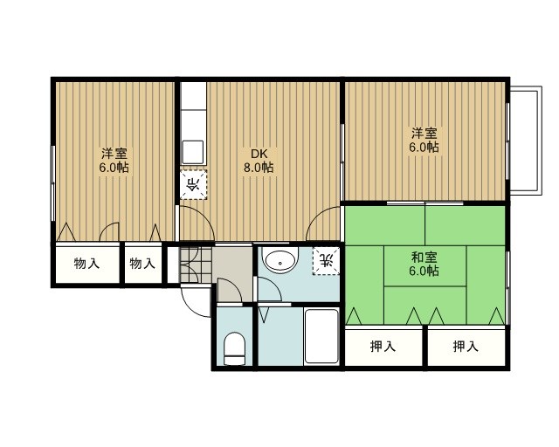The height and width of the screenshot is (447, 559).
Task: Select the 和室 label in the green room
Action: click(424, 257)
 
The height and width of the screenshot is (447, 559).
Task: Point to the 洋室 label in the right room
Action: click(425, 134)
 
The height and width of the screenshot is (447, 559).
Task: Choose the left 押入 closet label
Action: click(383, 347)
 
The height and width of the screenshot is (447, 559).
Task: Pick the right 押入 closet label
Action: click(466, 347)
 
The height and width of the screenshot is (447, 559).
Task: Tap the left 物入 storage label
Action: click(86, 263)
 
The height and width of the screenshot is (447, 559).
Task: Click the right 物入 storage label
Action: click(142, 263)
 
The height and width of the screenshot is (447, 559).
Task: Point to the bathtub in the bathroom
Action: click(321, 337)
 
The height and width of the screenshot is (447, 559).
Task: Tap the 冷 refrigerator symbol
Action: click(194, 184)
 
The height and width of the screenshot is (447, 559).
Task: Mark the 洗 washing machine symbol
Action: click(326, 259)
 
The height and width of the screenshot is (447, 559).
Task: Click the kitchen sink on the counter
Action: click(193, 150)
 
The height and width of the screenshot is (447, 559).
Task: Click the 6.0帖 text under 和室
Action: click(424, 271)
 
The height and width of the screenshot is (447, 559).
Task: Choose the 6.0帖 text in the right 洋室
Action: click(425, 148)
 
